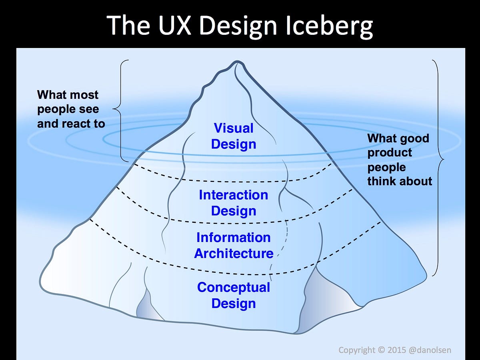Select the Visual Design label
[x=234, y=136]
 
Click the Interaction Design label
[x=234, y=203]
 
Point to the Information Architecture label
[x=234, y=245]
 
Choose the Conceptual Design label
[x=234, y=295]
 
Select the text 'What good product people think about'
[x=399, y=160]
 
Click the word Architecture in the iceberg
[x=234, y=254]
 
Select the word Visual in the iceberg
[x=234, y=128]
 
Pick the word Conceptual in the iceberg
[x=234, y=287]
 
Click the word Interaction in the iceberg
[x=234, y=195]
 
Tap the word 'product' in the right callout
[x=390, y=153]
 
